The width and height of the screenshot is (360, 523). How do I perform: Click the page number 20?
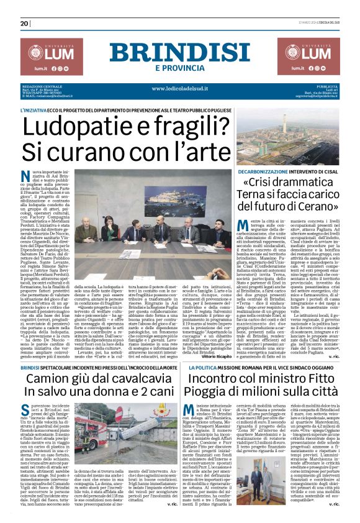pyautogui.click(x=25, y=24)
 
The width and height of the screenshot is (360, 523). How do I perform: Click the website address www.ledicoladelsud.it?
pyautogui.click(x=179, y=89)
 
